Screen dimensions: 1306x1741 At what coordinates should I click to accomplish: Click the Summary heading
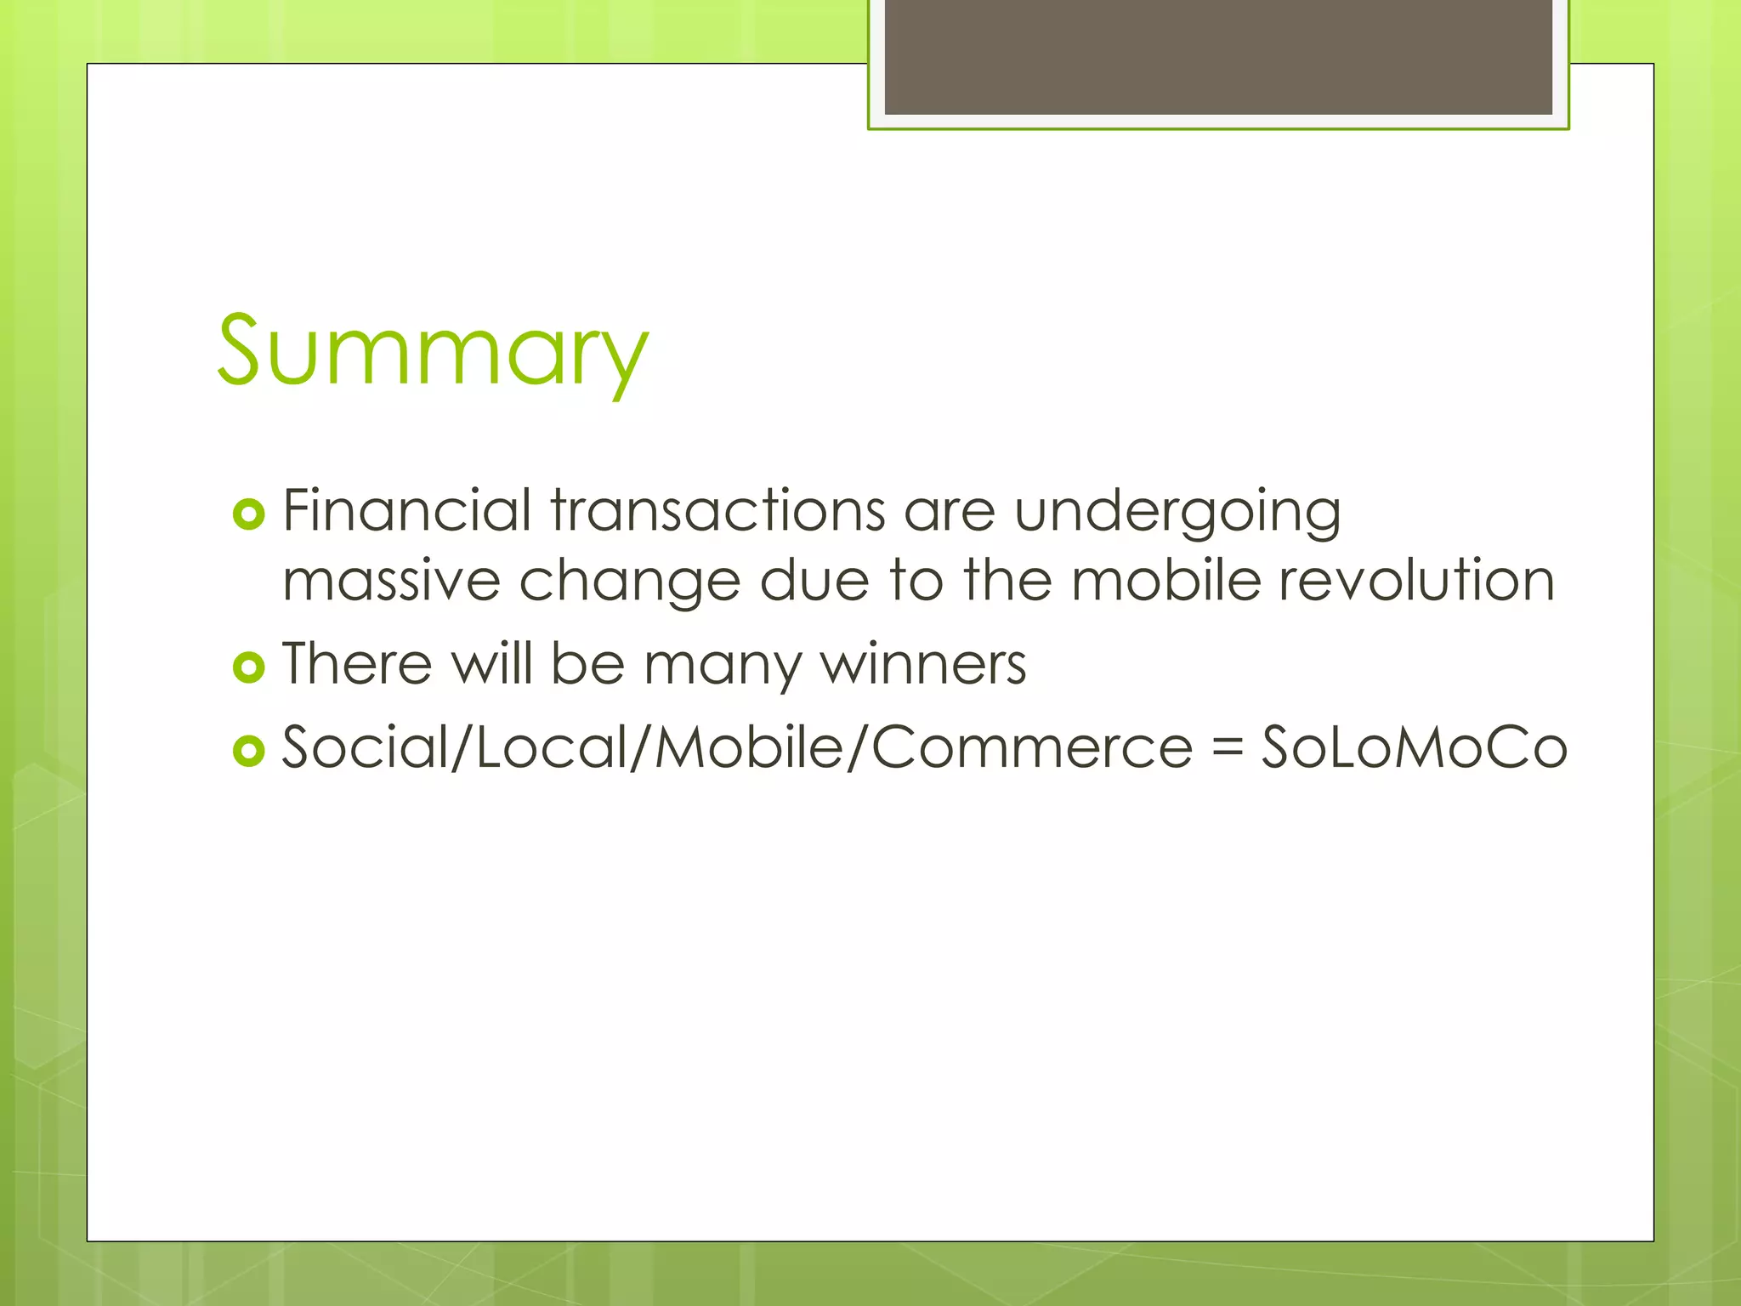tap(433, 351)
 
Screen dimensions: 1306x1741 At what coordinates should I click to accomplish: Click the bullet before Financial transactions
tap(248, 514)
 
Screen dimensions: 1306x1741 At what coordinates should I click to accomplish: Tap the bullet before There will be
tap(248, 667)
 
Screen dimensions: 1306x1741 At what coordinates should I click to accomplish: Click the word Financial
tap(406, 511)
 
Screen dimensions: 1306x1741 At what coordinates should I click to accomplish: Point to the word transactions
tap(718, 511)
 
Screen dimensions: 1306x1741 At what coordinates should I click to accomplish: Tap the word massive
tap(391, 582)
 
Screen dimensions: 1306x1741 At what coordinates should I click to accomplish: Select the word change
tap(629, 582)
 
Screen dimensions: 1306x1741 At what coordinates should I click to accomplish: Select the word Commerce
tap(1032, 747)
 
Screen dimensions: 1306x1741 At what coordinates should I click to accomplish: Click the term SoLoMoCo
tap(1413, 747)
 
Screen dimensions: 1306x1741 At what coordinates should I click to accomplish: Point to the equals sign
tap(1227, 749)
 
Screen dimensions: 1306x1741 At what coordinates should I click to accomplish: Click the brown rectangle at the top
tap(1218, 56)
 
